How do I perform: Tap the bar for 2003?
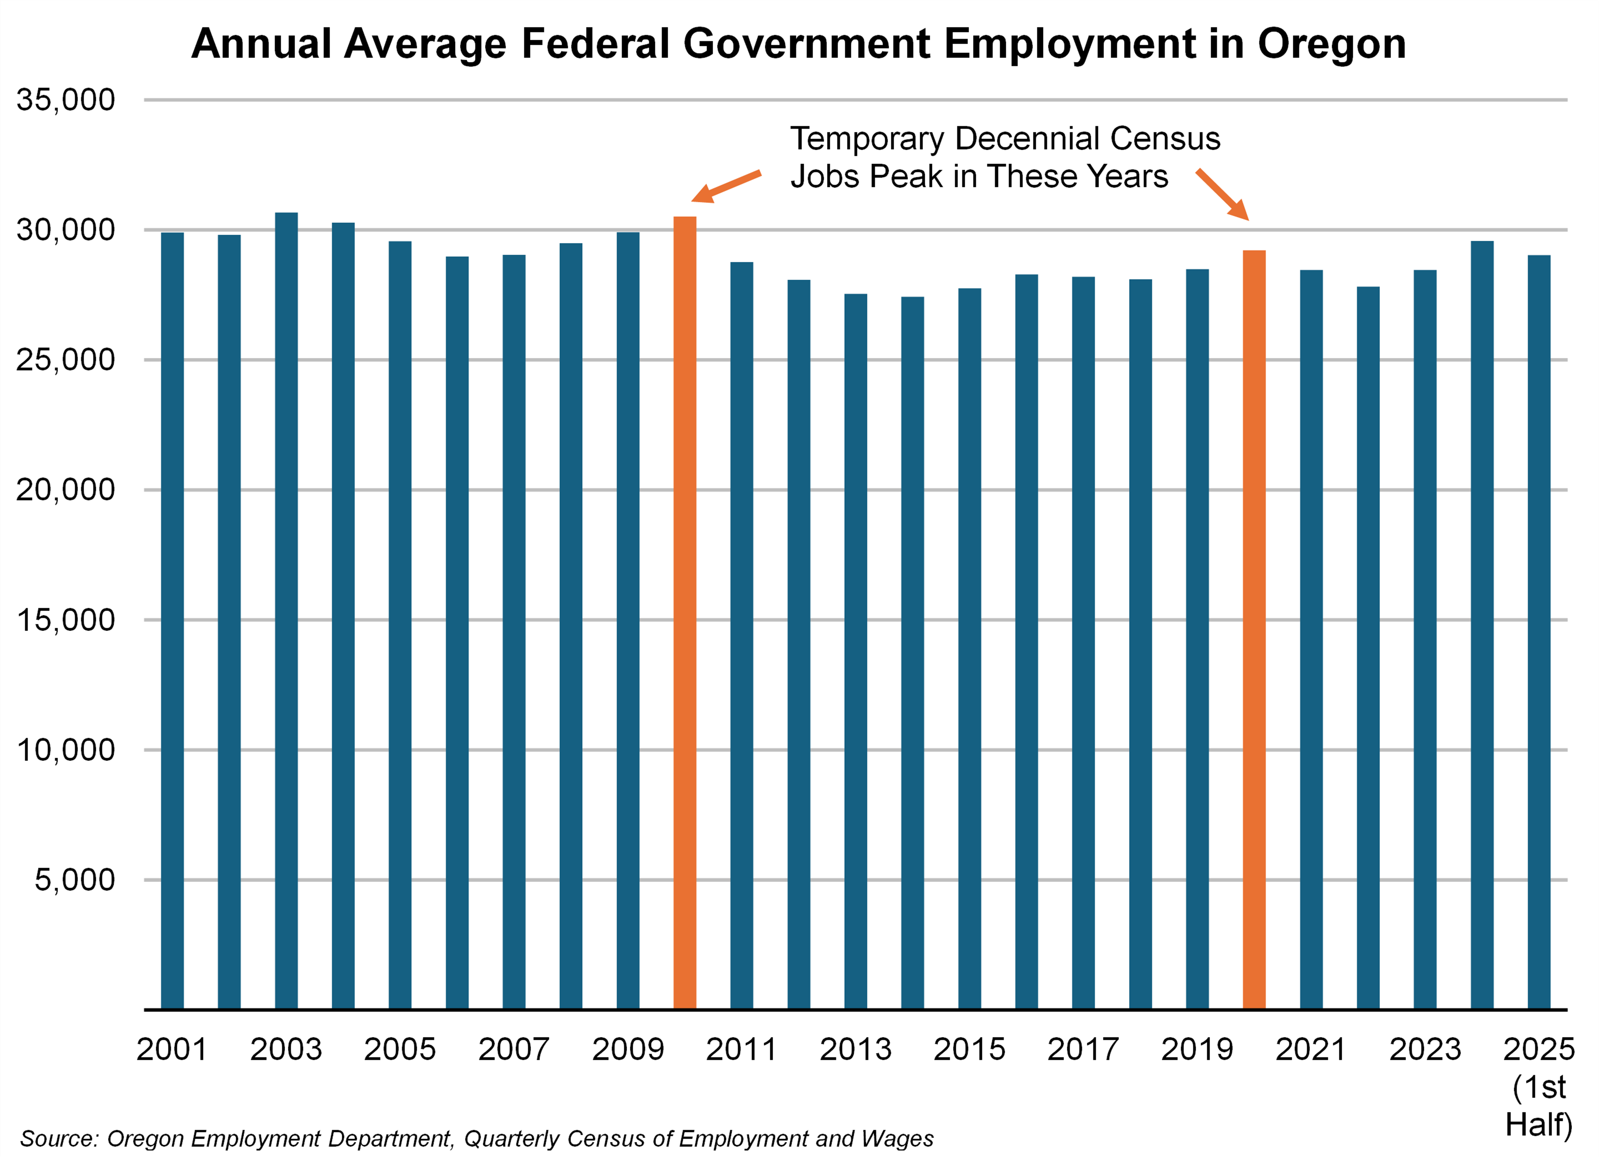pyautogui.click(x=286, y=610)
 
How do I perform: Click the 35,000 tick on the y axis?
pyautogui.click(x=66, y=100)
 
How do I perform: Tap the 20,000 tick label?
pyautogui.click(x=66, y=490)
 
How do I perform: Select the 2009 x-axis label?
pyautogui.click(x=627, y=1049)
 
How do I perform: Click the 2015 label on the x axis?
pyautogui.click(x=970, y=1049)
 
